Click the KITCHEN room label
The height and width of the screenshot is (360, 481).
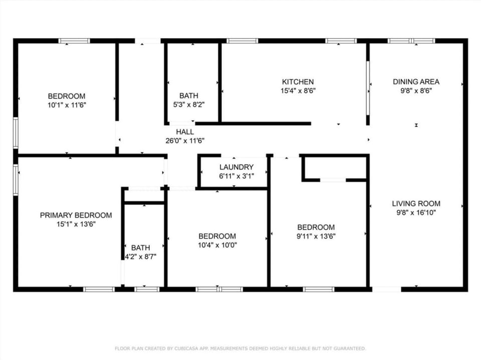click(298, 82)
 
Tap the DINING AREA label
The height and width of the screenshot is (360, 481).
click(416, 82)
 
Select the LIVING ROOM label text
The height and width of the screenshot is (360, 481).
click(416, 203)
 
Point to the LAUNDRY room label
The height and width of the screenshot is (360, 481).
click(236, 167)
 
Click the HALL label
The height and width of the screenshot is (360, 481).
click(185, 132)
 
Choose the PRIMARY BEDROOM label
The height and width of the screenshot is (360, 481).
click(76, 215)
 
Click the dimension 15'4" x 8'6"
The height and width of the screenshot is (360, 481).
click(298, 91)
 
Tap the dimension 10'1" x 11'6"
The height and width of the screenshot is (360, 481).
click(66, 105)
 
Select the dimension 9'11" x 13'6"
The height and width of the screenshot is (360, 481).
click(316, 236)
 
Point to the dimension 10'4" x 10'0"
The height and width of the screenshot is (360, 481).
click(217, 245)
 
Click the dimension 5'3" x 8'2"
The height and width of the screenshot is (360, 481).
click(188, 105)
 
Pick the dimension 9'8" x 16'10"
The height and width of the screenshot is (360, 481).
click(416, 212)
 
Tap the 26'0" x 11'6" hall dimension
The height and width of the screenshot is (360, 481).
click(185, 141)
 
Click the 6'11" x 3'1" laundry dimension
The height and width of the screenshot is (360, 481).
click(236, 176)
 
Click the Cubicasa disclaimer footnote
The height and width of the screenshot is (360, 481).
click(241, 348)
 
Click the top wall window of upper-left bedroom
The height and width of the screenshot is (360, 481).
click(74, 41)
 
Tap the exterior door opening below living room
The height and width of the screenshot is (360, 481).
click(386, 289)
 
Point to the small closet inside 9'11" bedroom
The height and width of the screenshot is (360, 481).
click(335, 167)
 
